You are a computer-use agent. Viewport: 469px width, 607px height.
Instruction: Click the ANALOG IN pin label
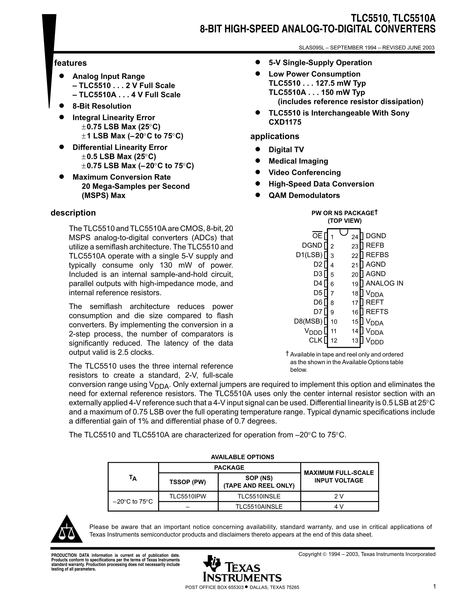384,283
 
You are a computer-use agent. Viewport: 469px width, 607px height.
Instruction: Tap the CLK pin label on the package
316,340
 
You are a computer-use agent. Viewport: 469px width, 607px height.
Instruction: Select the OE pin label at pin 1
317,236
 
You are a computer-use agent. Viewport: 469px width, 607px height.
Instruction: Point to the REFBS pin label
377,255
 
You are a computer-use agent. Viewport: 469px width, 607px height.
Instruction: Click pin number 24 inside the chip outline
355,237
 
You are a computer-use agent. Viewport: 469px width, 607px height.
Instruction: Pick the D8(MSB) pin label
308,321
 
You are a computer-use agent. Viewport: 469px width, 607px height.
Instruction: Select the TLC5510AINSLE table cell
259,506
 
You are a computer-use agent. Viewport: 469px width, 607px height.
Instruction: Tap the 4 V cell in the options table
339,506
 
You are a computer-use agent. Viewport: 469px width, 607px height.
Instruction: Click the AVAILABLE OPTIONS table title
242,457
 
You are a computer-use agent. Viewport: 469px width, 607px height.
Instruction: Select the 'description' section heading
73,213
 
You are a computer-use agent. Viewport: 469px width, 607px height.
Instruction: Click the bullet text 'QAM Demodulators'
304,195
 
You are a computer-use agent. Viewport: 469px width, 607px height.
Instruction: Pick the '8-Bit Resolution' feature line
102,106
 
